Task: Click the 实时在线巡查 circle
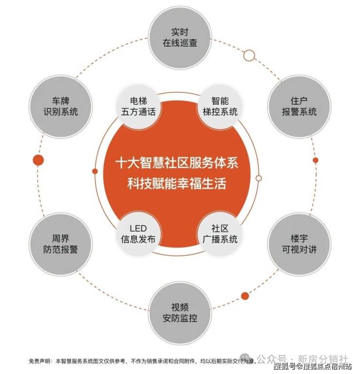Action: (180, 37)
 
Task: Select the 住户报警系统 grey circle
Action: (299, 107)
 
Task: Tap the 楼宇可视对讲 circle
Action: (299, 244)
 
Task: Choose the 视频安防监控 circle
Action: (180, 313)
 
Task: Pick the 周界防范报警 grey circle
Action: (61, 244)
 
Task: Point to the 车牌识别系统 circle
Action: (61, 107)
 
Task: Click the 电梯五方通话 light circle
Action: (138, 107)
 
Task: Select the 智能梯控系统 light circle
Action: (220, 107)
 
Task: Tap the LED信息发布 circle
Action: (138, 234)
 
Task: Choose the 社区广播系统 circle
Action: (220, 234)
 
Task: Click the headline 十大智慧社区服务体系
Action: (177, 163)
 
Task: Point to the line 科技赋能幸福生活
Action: (177, 184)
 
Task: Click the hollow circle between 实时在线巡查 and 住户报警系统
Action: (249, 55)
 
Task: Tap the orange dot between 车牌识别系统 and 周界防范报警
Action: (38, 160)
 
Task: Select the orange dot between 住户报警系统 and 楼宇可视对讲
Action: (315, 160)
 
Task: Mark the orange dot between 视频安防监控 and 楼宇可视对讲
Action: (245, 296)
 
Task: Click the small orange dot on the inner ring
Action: (95, 171)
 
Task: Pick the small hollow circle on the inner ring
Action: (259, 178)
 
